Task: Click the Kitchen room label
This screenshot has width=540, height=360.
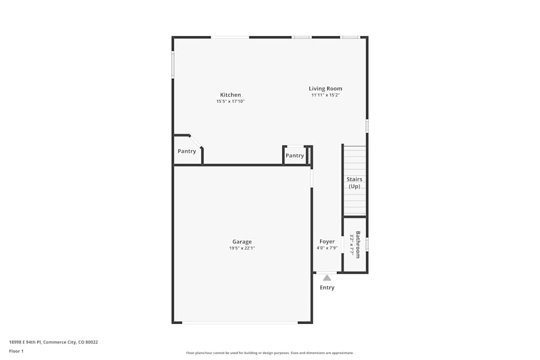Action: (x=231, y=95)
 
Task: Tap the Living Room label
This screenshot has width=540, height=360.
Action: (x=325, y=89)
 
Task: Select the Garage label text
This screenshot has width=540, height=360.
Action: (x=242, y=242)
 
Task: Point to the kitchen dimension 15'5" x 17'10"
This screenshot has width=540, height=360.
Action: (x=231, y=101)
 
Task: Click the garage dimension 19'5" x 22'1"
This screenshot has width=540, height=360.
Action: (x=242, y=248)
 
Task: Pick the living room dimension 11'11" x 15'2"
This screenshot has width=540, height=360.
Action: (x=325, y=95)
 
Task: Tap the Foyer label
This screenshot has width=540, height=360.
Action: (x=327, y=241)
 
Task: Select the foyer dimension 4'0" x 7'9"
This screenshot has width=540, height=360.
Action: (x=327, y=248)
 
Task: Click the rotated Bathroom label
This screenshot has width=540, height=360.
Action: (x=357, y=244)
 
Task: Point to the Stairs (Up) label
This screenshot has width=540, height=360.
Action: (x=354, y=182)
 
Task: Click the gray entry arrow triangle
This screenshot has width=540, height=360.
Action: (x=327, y=277)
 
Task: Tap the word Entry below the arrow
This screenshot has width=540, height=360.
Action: (x=327, y=288)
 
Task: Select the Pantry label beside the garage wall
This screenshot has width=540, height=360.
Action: (x=187, y=151)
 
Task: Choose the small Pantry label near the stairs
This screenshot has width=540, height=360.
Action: (x=295, y=155)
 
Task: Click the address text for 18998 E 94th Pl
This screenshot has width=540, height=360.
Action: (x=53, y=342)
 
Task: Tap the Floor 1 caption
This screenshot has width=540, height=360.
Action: (x=16, y=351)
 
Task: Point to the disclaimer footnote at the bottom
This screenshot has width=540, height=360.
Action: (x=270, y=353)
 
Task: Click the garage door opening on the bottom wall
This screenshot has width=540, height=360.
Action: (x=240, y=323)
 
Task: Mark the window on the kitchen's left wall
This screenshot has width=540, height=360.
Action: (x=173, y=65)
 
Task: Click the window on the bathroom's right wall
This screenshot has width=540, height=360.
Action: (x=367, y=244)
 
